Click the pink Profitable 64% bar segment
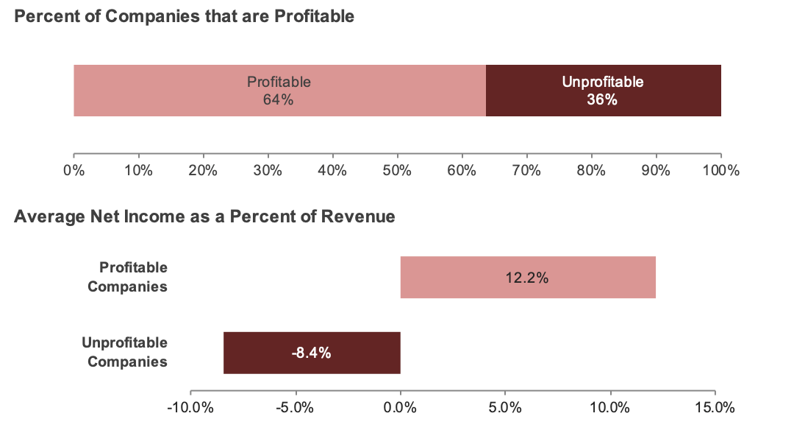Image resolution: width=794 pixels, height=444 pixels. point(279,91)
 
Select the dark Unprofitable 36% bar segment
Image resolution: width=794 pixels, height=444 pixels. point(603,91)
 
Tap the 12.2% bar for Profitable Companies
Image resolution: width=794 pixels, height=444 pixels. point(527,278)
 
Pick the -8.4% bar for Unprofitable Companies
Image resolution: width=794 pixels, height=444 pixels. point(312,353)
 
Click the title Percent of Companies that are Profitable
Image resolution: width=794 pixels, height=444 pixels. point(185,15)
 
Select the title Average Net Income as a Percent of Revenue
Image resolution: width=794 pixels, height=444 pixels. point(205,216)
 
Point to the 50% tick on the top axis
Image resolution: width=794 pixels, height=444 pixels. point(397,171)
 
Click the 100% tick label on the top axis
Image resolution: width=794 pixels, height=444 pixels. point(720,171)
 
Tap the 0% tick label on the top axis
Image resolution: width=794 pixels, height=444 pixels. point(74,171)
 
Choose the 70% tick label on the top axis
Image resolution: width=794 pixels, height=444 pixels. point(526,171)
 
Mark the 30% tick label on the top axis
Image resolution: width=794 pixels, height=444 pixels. point(268,171)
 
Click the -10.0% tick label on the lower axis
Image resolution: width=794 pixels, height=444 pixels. point(190,408)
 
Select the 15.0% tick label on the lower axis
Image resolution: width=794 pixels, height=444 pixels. point(715,408)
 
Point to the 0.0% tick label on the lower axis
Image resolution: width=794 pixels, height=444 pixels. point(400,408)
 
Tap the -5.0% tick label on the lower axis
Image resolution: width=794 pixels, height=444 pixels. point(295,408)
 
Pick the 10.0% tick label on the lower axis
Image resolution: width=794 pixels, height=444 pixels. point(609,408)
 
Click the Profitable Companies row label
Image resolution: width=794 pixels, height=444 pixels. point(127,277)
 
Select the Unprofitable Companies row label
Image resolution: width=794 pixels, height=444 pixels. point(124,352)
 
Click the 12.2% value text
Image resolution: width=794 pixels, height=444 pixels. point(527,278)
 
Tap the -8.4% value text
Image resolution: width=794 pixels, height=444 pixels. point(311,353)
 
